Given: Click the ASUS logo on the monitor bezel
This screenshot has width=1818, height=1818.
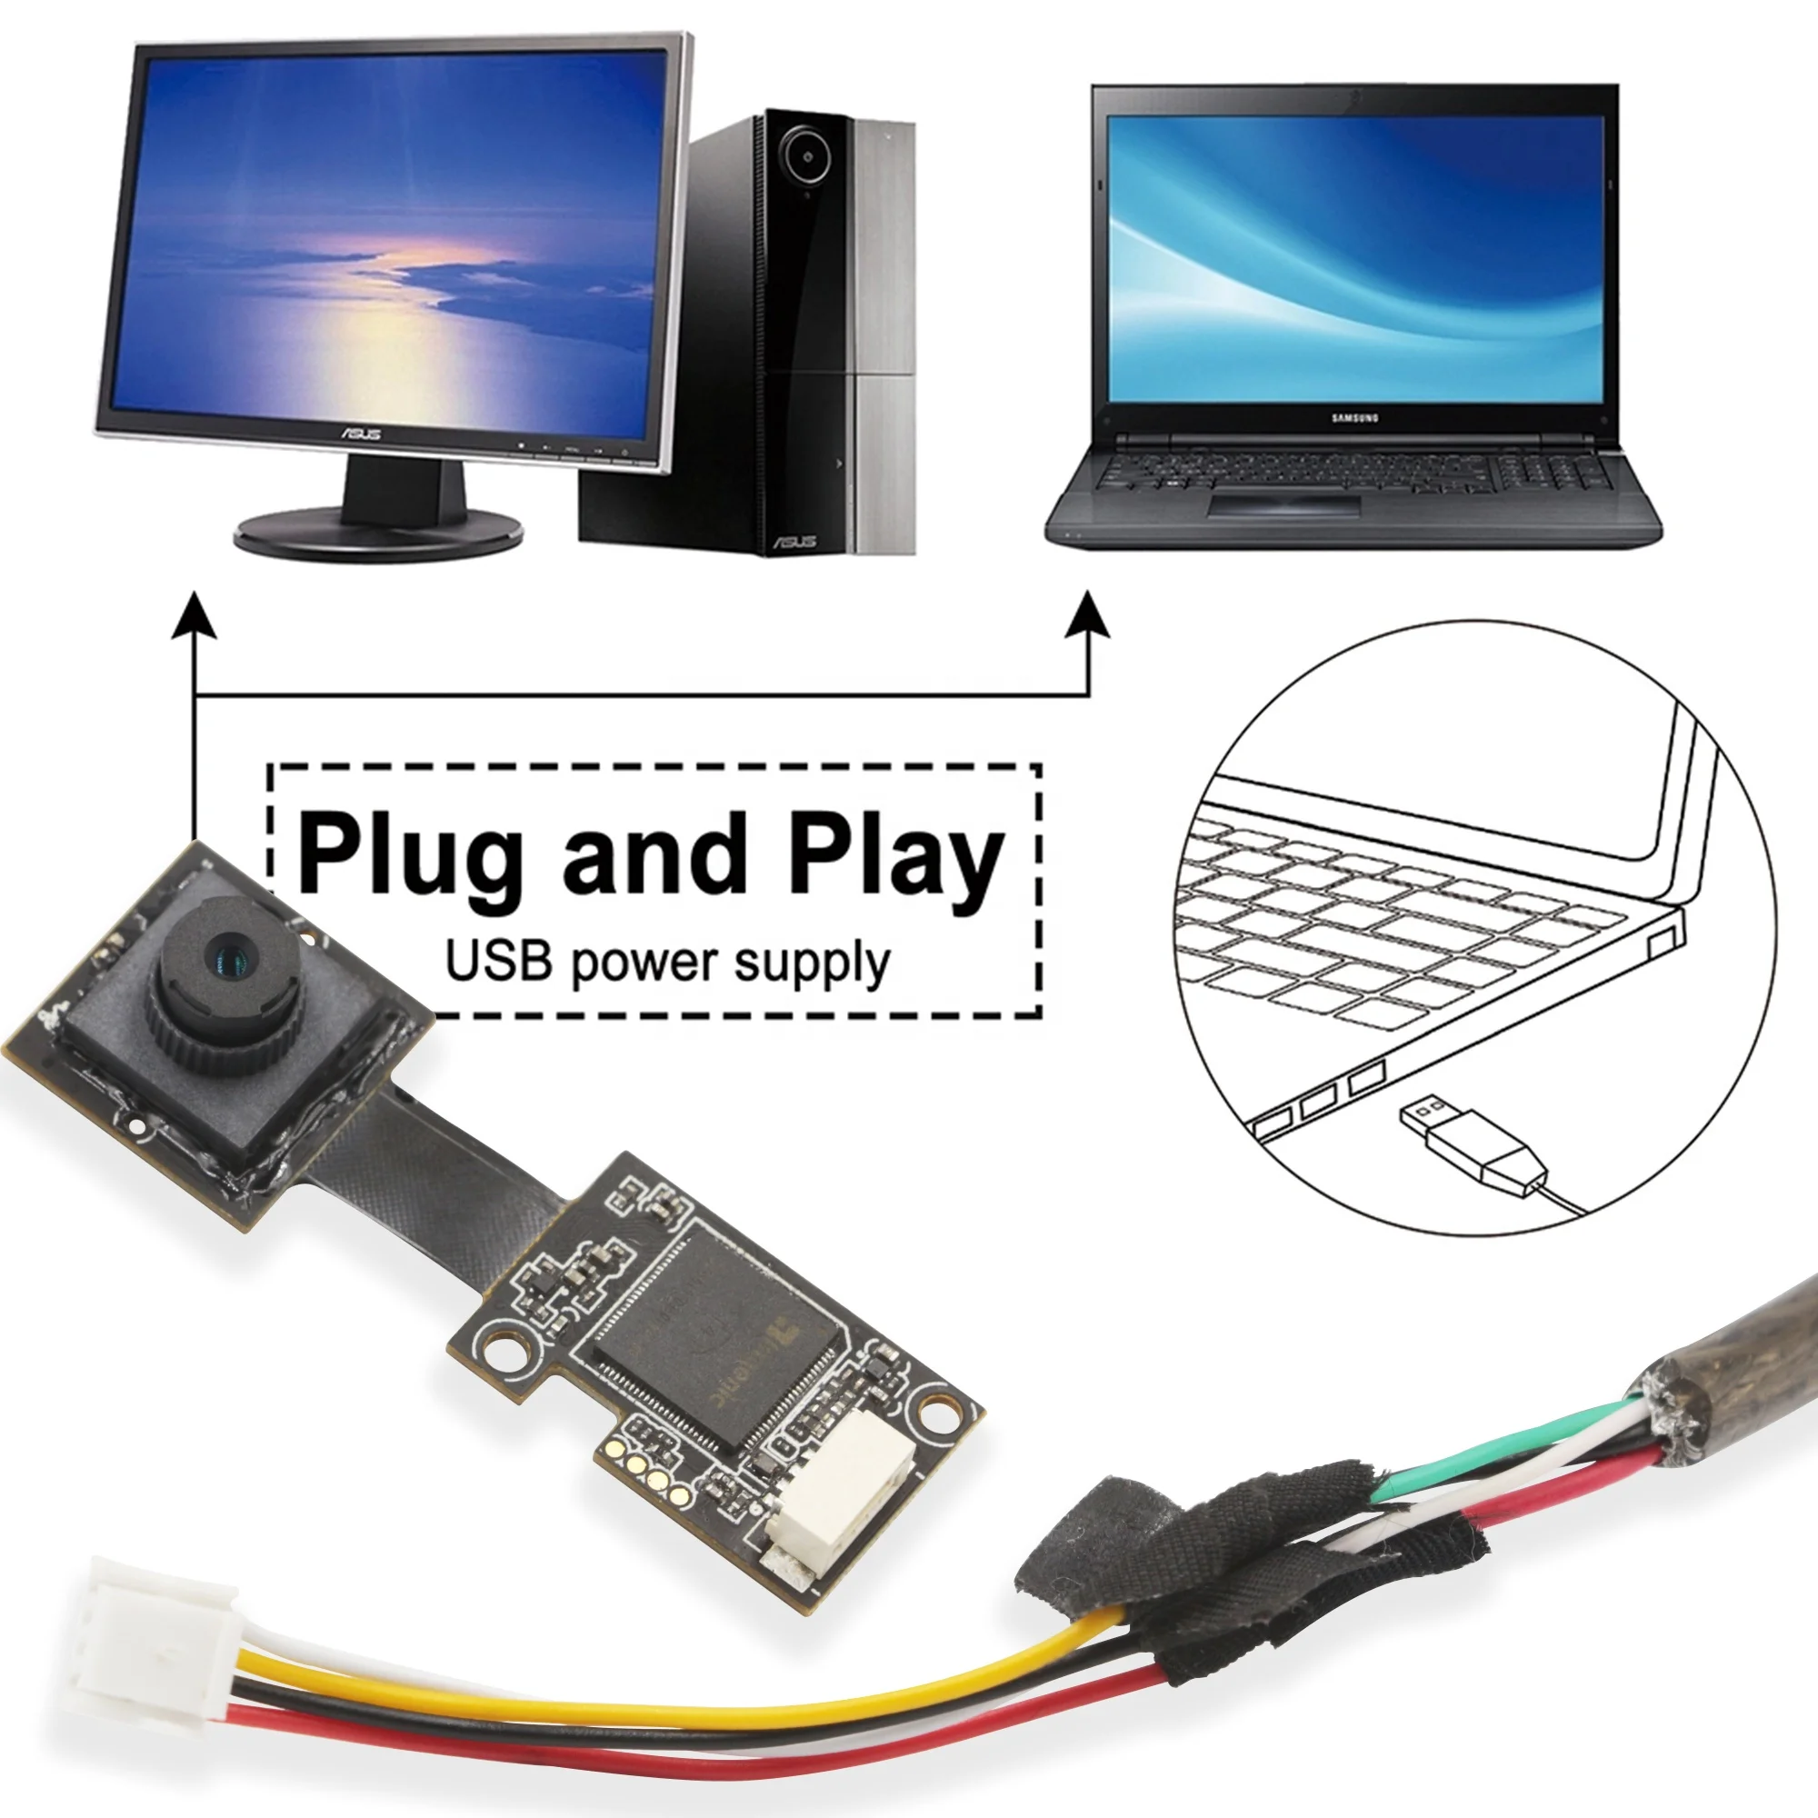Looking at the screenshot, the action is tap(362, 433).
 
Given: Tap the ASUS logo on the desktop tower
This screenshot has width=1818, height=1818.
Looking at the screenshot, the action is tap(795, 542).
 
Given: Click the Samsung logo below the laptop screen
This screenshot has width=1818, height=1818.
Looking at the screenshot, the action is tap(1355, 417).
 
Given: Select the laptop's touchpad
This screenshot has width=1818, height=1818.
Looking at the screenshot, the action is tap(1284, 506).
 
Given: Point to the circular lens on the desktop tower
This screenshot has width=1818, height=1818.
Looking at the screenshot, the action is tap(806, 157).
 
